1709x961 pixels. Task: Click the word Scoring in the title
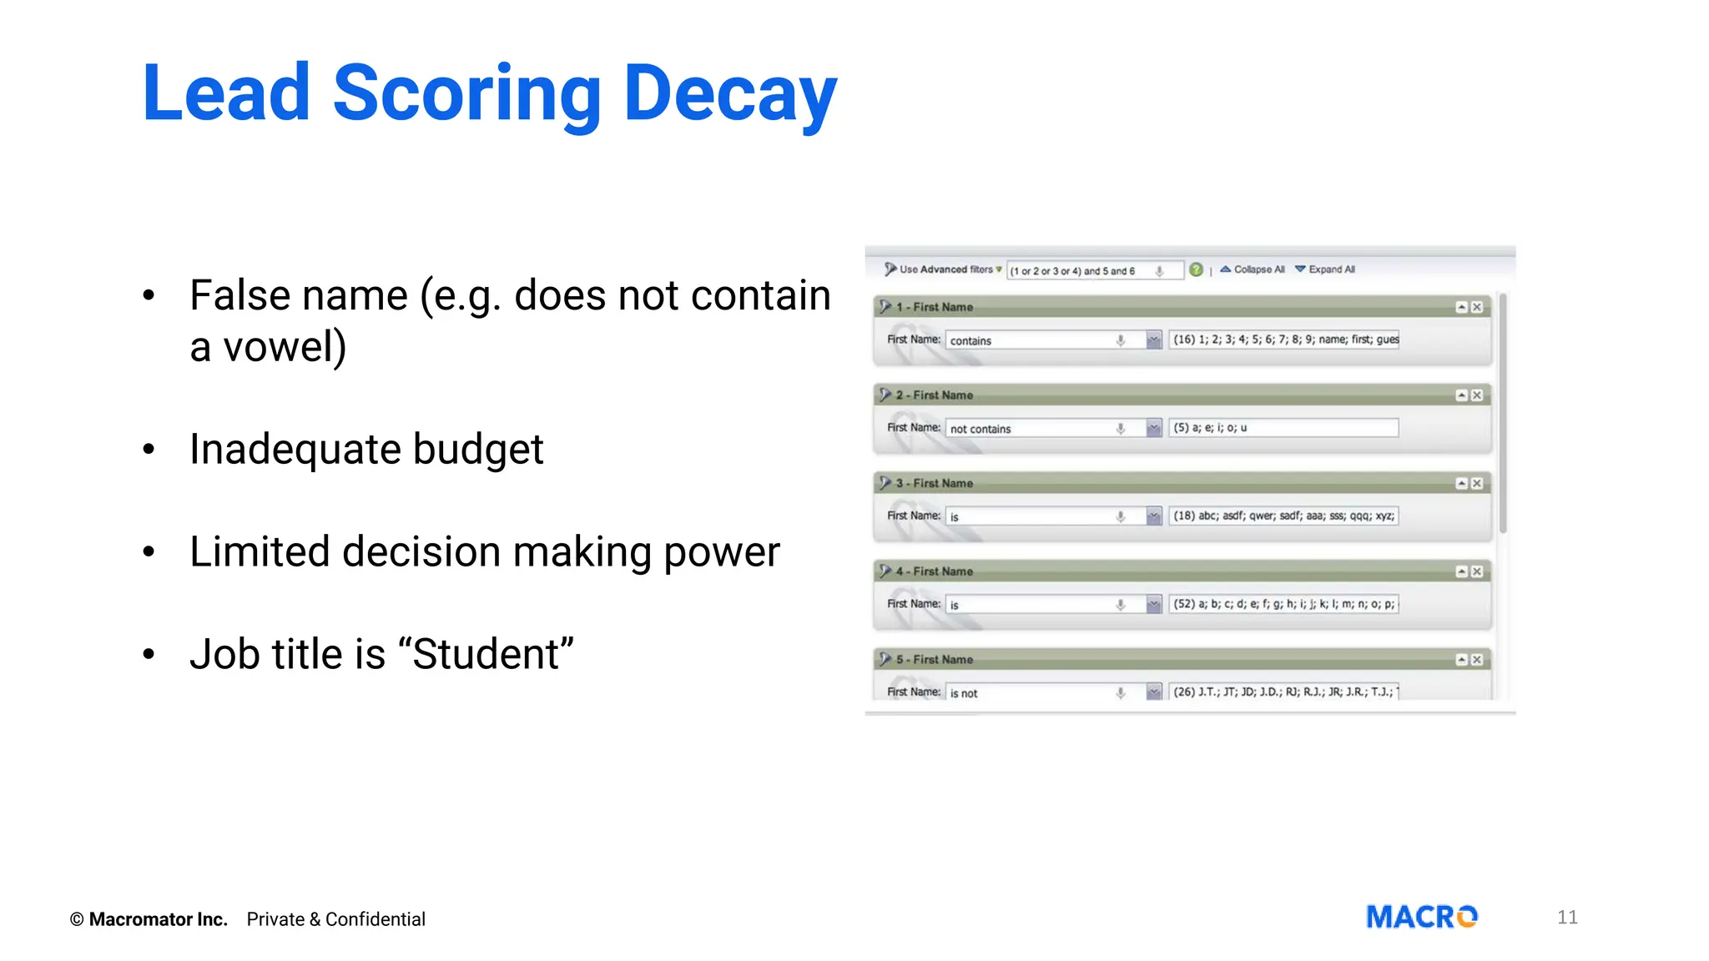tap(466, 93)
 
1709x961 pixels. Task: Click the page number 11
tap(1566, 918)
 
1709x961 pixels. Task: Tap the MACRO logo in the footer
tap(1421, 918)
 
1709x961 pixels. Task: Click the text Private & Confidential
tap(335, 919)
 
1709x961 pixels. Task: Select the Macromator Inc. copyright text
tap(149, 919)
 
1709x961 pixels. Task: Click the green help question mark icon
tap(1196, 269)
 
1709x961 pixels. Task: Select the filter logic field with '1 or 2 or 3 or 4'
tap(1085, 271)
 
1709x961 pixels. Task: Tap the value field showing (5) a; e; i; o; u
tap(1283, 428)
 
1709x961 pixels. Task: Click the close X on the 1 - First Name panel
tap(1477, 307)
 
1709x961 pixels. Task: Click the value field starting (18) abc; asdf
tap(1283, 516)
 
